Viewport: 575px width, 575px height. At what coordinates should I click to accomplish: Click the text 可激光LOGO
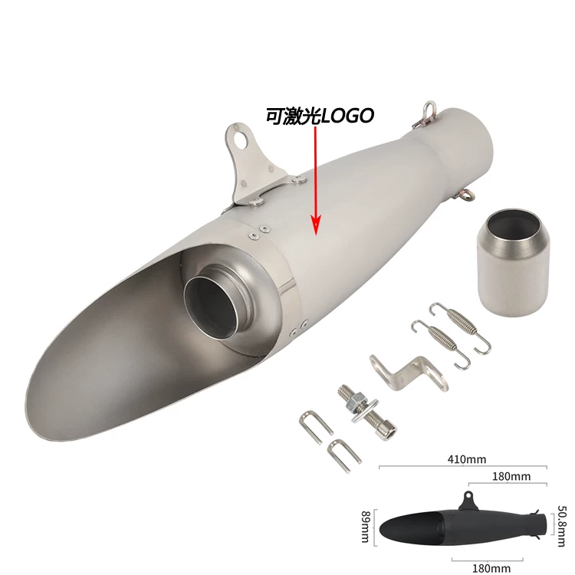click(320, 116)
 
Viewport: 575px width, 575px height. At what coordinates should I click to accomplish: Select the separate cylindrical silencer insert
click(511, 262)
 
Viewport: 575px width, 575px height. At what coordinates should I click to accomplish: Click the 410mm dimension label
click(466, 459)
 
